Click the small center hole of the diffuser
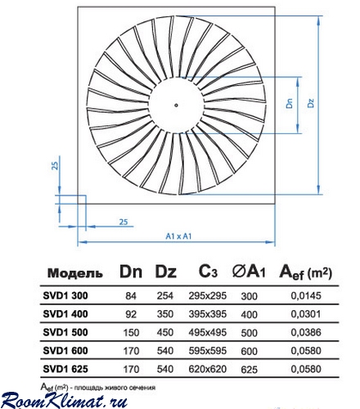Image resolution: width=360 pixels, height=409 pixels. pos(176,106)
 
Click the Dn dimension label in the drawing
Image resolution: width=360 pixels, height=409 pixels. pos(290,103)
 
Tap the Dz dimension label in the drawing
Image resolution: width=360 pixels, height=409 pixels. pos(311,103)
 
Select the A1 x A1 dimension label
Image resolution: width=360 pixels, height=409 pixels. pos(178,236)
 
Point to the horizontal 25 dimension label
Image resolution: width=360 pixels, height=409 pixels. pos(124,222)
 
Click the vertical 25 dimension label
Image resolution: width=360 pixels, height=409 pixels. pos(55,165)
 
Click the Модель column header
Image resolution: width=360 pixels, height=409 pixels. pos(75,273)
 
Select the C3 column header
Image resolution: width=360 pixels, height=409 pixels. pos(208,271)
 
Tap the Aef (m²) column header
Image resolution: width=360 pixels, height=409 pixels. pos(305,272)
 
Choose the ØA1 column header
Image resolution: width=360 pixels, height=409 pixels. pos(249,272)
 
